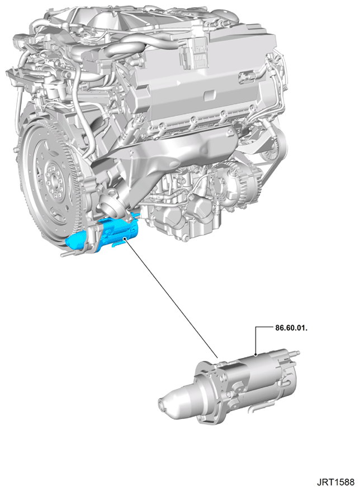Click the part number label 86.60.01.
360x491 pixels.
click(x=291, y=328)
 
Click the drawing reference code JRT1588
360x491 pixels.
click(x=335, y=482)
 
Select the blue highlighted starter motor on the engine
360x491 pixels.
click(x=103, y=234)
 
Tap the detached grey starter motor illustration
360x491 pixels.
click(x=229, y=386)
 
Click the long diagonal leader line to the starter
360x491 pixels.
click(x=171, y=298)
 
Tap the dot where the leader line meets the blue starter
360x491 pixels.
click(x=125, y=239)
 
